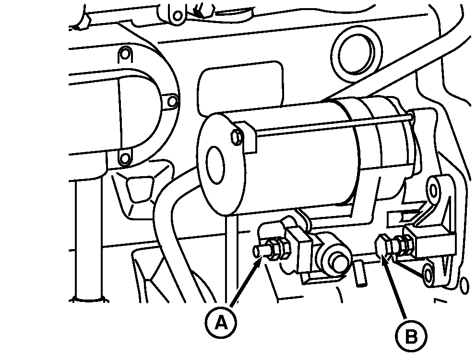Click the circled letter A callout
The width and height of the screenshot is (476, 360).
[x=221, y=323]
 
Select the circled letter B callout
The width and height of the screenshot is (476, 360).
[x=411, y=336]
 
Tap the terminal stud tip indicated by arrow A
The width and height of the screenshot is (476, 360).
[x=257, y=251]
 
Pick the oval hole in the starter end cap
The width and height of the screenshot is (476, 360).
[x=215, y=165]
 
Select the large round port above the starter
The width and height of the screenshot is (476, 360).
[x=357, y=55]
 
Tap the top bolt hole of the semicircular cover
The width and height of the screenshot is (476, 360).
[x=125, y=55]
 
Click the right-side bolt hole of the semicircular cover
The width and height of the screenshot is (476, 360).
[x=172, y=101]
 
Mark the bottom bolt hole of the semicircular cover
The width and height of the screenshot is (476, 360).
[x=125, y=158]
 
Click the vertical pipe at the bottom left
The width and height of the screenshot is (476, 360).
[x=88, y=240]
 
